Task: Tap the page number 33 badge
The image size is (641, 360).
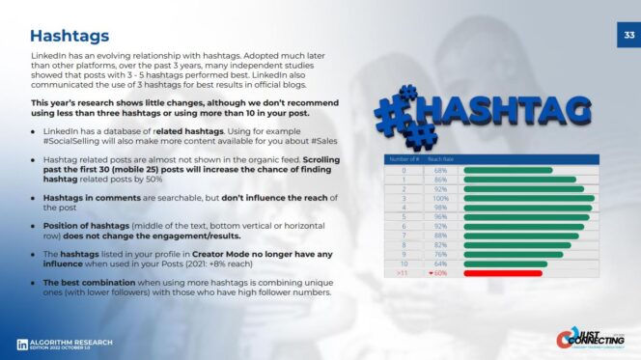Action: coord(626,36)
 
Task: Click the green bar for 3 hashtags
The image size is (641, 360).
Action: coord(529,198)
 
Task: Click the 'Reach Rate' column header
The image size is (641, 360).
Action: coord(441,159)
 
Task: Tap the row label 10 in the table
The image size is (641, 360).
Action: coord(404,263)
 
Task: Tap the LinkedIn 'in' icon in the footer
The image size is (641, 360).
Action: coord(21,344)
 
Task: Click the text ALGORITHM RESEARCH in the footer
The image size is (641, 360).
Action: coord(71,342)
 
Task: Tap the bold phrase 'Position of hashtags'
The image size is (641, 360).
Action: coord(82,226)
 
